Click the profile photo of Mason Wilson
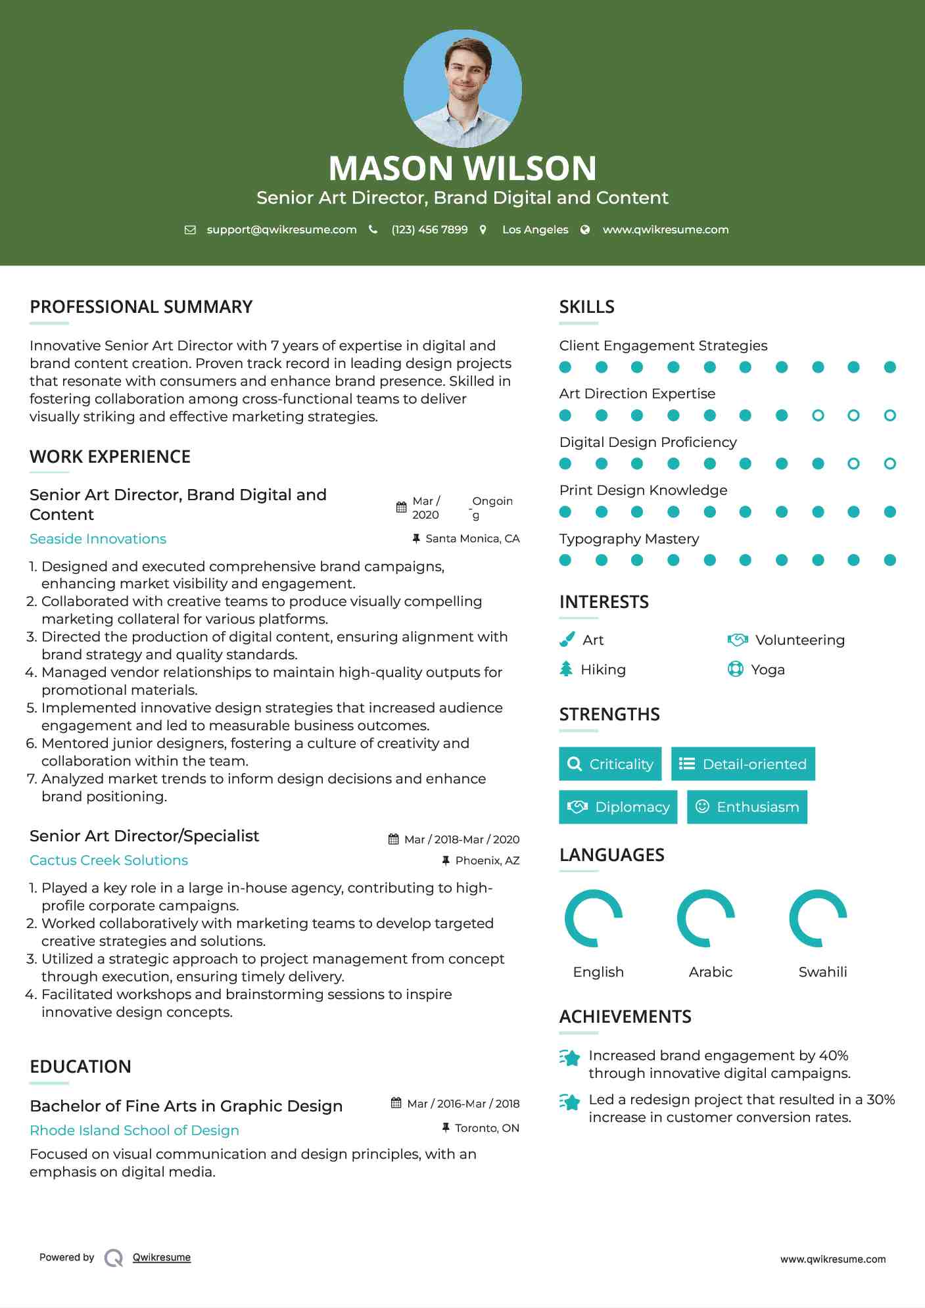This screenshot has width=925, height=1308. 462,88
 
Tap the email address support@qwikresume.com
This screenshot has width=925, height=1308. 281,229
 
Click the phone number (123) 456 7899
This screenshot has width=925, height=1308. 429,229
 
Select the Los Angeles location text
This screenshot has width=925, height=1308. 534,229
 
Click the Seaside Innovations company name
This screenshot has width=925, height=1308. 98,539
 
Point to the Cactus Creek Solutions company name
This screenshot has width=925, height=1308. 108,860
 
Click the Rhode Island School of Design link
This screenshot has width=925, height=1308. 134,1131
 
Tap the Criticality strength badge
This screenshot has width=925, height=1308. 610,764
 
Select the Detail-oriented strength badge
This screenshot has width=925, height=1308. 743,764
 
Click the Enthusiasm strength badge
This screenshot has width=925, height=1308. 747,807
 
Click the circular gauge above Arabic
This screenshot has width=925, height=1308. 706,918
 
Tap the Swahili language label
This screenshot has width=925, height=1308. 822,972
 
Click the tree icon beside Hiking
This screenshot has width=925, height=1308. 566,669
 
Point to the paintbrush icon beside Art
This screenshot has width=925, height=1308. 567,640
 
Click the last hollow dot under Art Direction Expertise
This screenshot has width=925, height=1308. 889,415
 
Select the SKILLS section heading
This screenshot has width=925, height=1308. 586,307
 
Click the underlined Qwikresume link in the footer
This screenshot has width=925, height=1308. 162,1257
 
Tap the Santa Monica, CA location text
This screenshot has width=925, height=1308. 472,539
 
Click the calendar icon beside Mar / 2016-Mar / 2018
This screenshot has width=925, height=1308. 396,1103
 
